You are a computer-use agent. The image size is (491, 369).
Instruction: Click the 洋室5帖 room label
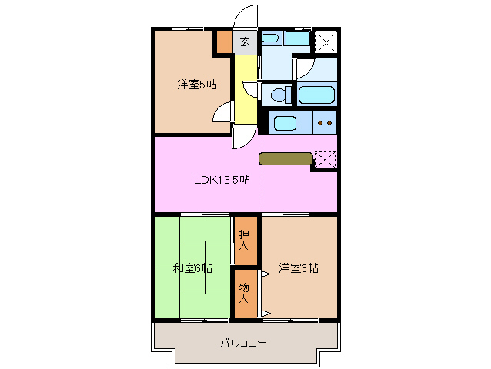click(x=196, y=85)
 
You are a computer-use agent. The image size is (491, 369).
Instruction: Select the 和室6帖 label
click(x=192, y=268)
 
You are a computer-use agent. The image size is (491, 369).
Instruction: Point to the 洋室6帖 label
click(x=299, y=268)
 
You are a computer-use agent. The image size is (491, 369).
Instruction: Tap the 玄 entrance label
click(x=245, y=42)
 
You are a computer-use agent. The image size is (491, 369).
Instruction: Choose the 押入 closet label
click(x=245, y=240)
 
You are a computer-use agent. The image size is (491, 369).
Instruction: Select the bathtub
click(x=316, y=95)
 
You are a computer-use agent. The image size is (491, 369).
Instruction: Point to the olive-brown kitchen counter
click(x=286, y=159)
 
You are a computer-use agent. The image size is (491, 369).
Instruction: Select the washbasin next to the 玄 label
click(x=271, y=38)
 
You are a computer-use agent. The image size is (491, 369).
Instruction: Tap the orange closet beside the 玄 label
click(x=223, y=41)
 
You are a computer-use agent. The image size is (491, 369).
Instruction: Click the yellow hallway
click(x=245, y=88)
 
